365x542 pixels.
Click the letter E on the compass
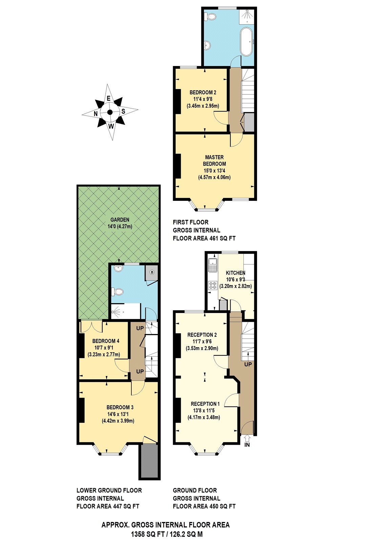click(109, 99)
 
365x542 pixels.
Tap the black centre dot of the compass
click(110, 112)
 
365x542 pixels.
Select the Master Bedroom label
click(214, 161)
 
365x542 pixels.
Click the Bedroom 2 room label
click(203, 92)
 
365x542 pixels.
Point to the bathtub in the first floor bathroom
click(246, 42)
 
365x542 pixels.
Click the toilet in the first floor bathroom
click(211, 16)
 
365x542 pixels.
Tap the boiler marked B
click(152, 272)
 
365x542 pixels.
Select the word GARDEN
click(120, 220)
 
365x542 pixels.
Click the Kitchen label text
click(236, 273)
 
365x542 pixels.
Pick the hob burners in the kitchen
click(213, 285)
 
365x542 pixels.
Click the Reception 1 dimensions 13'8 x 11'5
click(204, 411)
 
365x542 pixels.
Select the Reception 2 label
click(202, 335)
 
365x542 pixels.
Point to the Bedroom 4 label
click(106, 341)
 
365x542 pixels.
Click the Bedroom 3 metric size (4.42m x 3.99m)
click(118, 421)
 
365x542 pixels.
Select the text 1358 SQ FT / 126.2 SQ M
click(167, 535)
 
